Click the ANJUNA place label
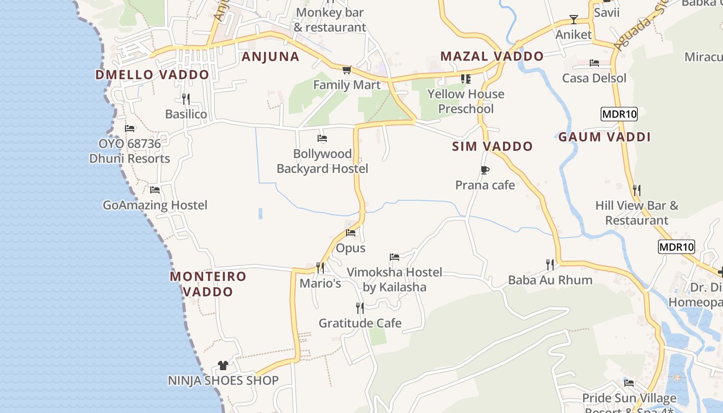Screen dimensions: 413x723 click(x=271, y=57)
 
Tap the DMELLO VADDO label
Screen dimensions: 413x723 click(x=152, y=75)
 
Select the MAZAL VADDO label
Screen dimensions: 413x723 click(x=492, y=56)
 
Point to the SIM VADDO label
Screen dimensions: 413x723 click(x=492, y=147)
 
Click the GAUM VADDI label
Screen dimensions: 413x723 click(x=604, y=137)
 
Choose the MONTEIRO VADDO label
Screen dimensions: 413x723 click(x=208, y=284)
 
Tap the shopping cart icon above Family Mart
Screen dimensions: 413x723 click(x=347, y=70)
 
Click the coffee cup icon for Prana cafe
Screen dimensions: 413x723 click(x=484, y=170)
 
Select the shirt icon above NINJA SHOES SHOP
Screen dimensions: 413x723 click(x=223, y=366)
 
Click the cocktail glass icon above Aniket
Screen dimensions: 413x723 click(x=573, y=20)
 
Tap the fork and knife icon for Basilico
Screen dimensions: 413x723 click(x=186, y=99)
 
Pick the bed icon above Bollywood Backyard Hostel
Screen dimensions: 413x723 click(x=322, y=138)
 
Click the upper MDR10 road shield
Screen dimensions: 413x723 click(x=619, y=114)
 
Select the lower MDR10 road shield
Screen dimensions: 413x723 click(x=676, y=247)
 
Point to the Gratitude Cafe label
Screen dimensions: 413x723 click(x=360, y=324)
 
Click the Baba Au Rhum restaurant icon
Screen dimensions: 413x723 click(x=550, y=265)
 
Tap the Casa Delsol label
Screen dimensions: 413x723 click(x=594, y=78)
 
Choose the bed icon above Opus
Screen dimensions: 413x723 click(x=351, y=233)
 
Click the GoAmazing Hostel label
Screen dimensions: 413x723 click(x=155, y=205)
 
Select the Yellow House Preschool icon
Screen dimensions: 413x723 click(x=466, y=79)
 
